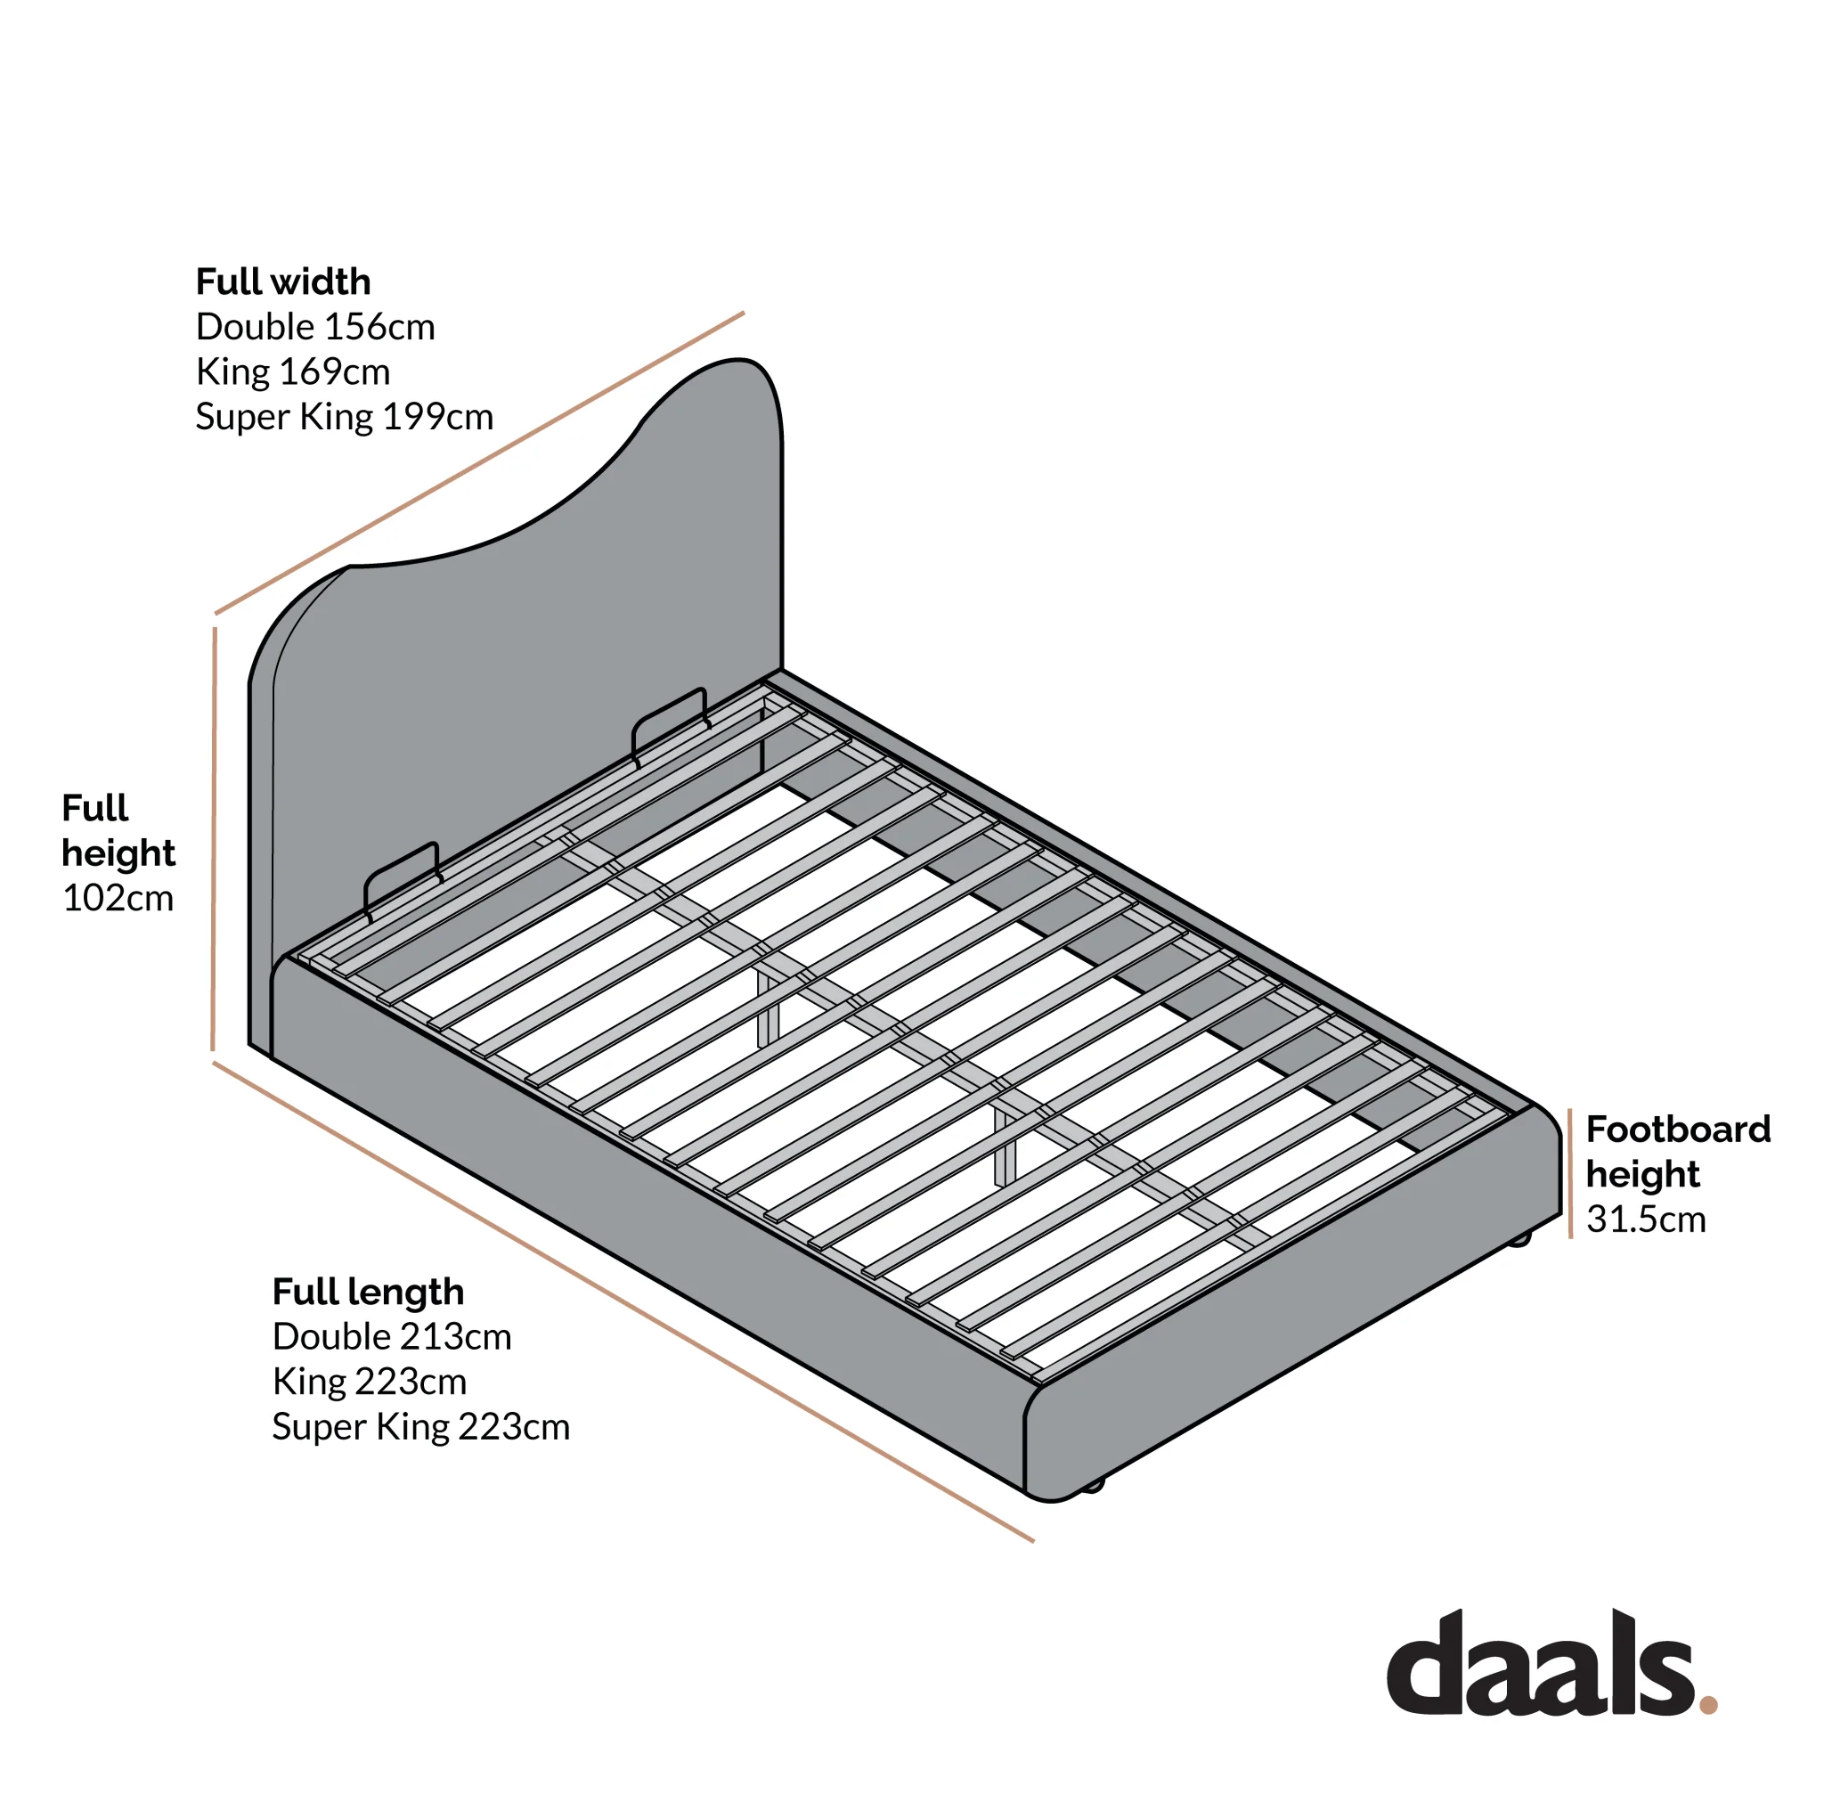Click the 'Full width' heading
point(283,281)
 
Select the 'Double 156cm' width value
point(315,327)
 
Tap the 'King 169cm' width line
point(293,372)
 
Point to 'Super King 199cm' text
point(345,418)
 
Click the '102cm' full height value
point(118,898)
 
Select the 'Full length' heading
point(368,1292)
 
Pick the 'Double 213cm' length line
point(392,1337)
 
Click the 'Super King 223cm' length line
point(421,1427)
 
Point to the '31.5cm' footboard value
point(1646,1219)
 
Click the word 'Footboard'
point(1678,1130)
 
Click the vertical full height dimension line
point(215,838)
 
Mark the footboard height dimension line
point(1570,1173)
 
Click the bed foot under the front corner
point(1091,1486)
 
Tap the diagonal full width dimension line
point(480,463)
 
